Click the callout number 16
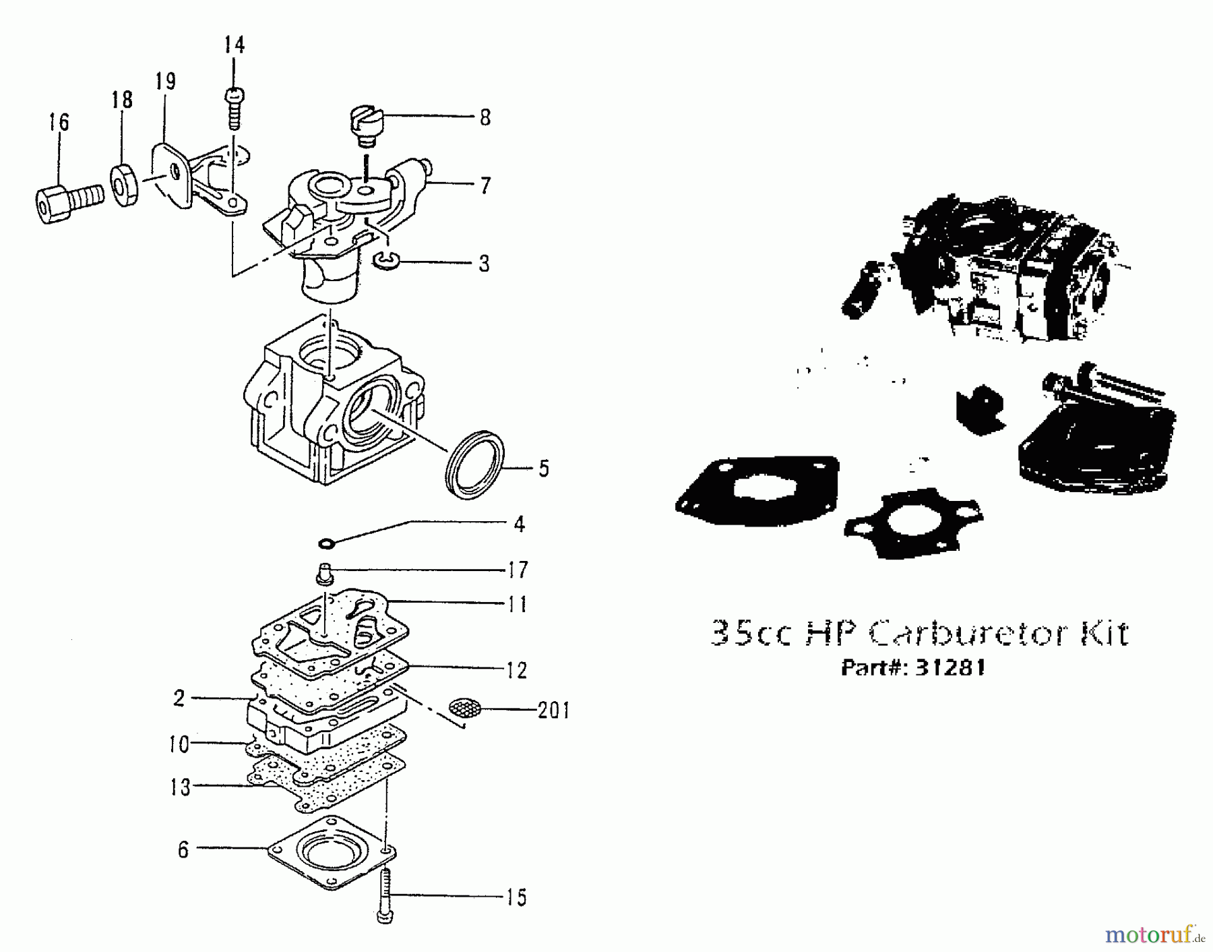pos(59,123)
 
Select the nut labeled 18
pos(125,185)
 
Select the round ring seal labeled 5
pos(475,465)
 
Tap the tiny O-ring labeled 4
pos(326,543)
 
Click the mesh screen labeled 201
pos(465,707)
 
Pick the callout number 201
pos(553,711)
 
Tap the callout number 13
pos(180,787)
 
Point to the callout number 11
pos(517,604)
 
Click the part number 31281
pos(950,667)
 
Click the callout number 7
pos(485,185)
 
